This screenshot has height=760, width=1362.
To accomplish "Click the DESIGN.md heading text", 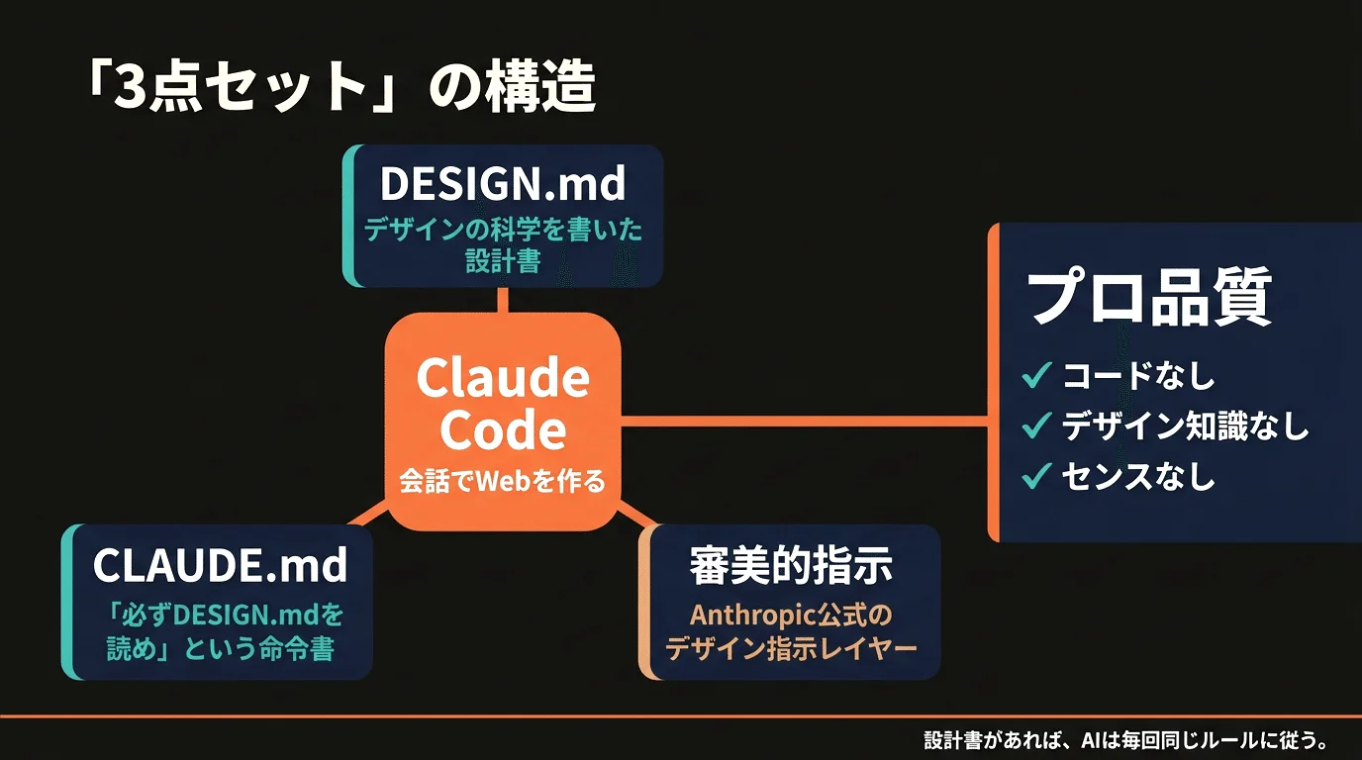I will pos(503,183).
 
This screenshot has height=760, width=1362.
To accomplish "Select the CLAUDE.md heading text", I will pos(220,565).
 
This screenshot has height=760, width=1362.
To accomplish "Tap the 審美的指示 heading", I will pos(790,565).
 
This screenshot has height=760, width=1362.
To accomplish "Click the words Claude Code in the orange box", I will pos(503,404).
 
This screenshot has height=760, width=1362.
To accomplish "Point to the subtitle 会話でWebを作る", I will pos(502,482).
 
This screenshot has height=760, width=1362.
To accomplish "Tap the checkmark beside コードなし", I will pos(1035,376).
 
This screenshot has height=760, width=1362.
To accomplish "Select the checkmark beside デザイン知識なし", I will pos(1035,427).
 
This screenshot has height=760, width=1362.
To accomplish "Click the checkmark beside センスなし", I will pos(1035,477).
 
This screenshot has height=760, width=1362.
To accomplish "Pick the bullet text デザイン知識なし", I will pos(1185,427).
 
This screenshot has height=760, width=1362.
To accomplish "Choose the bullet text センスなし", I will pos(1138,477).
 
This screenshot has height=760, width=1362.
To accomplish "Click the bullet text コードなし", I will pos(1138,376).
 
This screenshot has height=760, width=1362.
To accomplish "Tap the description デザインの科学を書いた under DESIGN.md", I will pos(503,231).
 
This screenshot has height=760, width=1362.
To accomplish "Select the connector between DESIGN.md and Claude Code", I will pos(503,300).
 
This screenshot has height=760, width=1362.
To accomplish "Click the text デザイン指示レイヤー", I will pos(791,649).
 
